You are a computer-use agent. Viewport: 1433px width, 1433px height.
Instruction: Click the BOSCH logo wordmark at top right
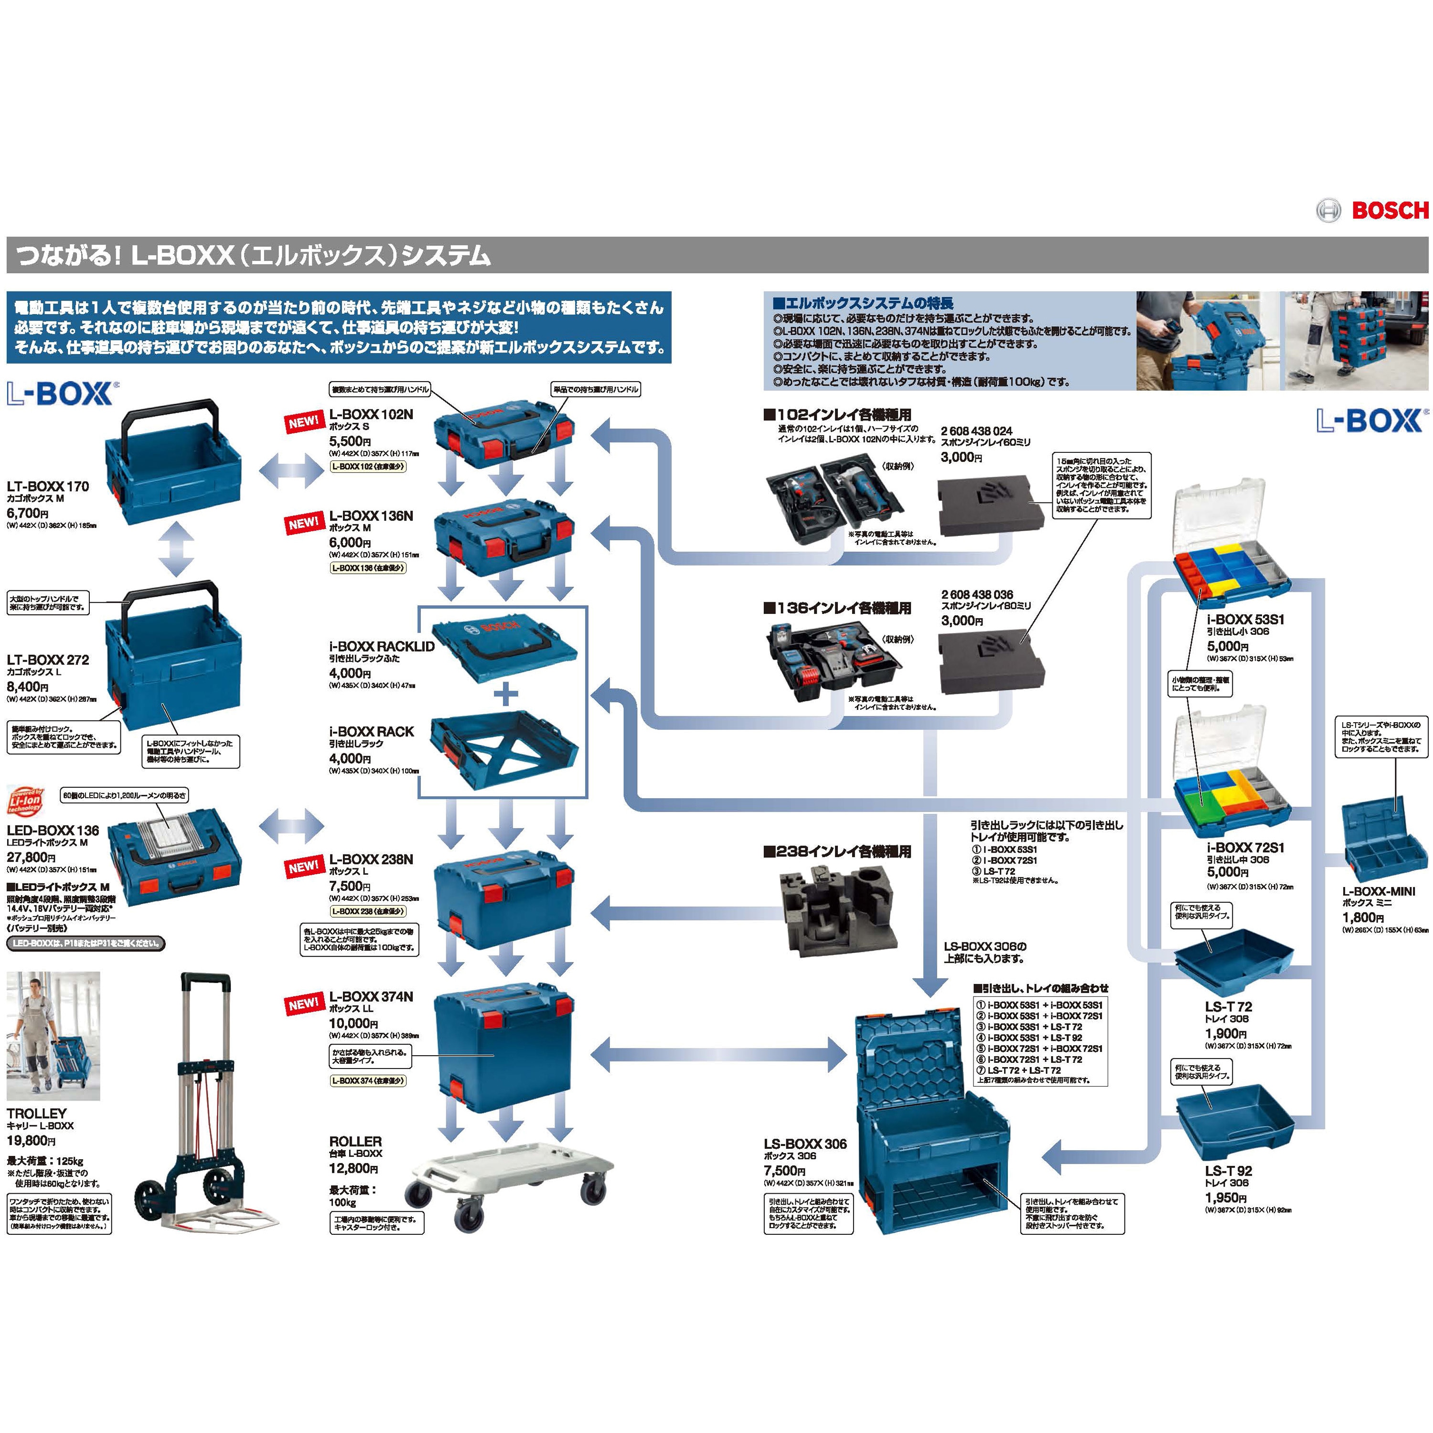pos(1389,211)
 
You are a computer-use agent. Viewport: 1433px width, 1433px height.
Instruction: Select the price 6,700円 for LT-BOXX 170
pos(27,513)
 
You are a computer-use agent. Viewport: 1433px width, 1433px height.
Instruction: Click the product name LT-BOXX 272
pos(47,659)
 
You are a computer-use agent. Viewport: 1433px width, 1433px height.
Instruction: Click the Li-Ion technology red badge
pos(25,804)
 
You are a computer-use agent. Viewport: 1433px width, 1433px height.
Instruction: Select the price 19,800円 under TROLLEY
pos(31,1141)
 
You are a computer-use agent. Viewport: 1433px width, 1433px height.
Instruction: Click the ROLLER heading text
pos(355,1142)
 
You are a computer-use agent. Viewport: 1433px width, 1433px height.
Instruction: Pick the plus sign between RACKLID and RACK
pos(507,695)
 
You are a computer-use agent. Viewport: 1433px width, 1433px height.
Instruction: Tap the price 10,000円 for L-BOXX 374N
pos(354,1024)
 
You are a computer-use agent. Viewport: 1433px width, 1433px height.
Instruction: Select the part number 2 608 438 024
pos(976,431)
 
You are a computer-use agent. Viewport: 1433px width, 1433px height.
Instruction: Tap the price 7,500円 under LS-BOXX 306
pos(785,1170)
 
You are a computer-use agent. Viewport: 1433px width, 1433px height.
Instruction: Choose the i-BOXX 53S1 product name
pos(1245,620)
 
